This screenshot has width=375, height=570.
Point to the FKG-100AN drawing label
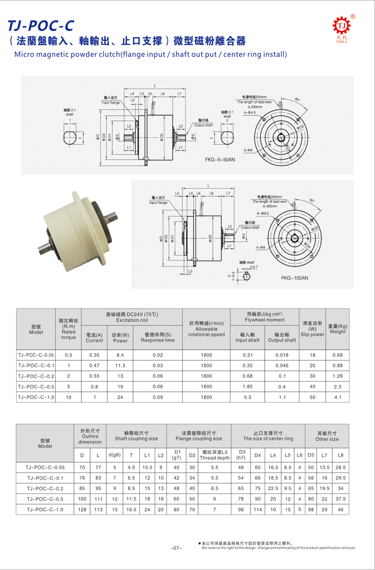coord(295,278)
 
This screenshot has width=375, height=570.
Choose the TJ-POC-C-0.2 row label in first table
coord(36,375)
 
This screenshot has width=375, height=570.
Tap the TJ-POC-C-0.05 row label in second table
coord(45,467)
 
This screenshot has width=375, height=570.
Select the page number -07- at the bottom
coord(176,547)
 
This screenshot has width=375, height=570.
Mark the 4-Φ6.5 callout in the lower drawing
coord(263,214)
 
